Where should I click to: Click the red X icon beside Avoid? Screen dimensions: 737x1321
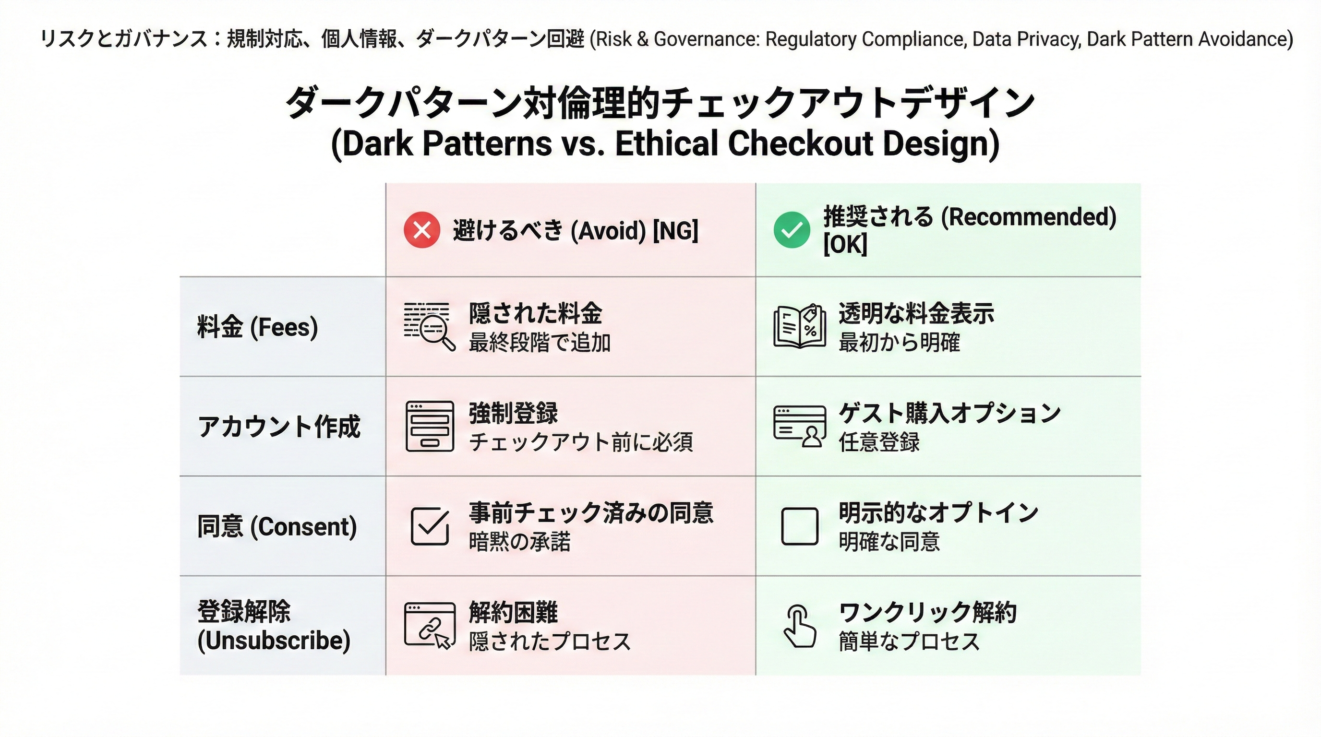click(x=421, y=230)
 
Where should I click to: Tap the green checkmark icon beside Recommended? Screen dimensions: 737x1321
click(x=792, y=230)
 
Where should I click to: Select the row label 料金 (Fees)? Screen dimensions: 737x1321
click(x=257, y=327)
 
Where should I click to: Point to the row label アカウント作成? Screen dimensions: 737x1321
click(x=279, y=427)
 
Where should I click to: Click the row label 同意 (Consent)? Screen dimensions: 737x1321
click(x=277, y=526)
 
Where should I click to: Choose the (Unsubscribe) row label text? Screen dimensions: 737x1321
click(x=274, y=640)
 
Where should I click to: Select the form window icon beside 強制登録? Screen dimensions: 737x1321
click(x=430, y=427)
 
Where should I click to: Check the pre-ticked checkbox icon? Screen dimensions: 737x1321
click(x=430, y=526)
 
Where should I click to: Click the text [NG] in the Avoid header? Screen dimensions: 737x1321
click(x=675, y=231)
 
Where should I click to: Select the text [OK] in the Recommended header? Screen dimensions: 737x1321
click(x=845, y=244)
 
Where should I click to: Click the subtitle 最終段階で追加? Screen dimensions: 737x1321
click(x=540, y=343)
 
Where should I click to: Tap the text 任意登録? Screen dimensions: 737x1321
click(x=879, y=442)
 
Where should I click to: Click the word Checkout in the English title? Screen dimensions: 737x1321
click(x=800, y=143)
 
